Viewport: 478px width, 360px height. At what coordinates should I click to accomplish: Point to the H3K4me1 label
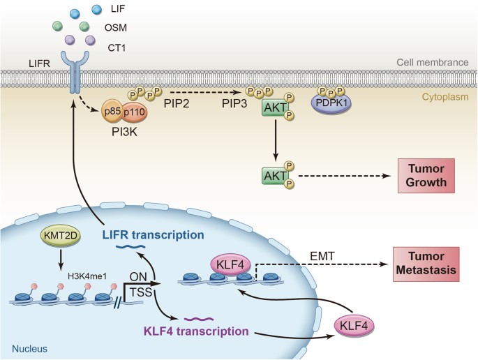pos(102,272)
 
